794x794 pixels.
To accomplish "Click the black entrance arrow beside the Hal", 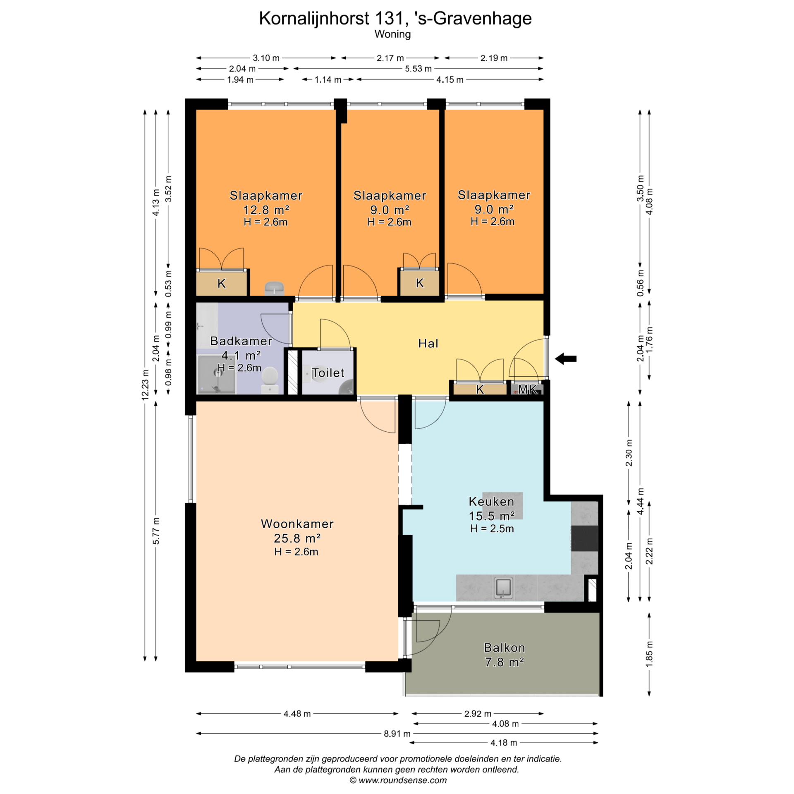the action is click(565, 359).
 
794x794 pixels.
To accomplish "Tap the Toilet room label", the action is click(328, 373).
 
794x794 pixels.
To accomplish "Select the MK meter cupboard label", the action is click(527, 389).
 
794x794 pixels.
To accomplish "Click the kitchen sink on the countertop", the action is click(503, 588).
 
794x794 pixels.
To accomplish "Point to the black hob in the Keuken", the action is click(584, 538).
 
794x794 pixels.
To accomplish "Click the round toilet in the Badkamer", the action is click(270, 379).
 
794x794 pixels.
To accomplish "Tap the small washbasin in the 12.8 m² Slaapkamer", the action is click(274, 287).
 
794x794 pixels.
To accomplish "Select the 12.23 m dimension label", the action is click(145, 385).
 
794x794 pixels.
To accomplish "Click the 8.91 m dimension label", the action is click(397, 734).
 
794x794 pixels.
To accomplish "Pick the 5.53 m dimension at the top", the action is click(418, 69).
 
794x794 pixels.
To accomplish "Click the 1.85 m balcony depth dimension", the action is click(649, 654).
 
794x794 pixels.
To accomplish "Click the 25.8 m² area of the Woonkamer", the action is click(297, 538).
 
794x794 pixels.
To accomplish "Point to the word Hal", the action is click(428, 343).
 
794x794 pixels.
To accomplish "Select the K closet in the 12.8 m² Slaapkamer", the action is click(222, 283).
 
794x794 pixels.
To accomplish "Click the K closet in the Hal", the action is click(480, 389).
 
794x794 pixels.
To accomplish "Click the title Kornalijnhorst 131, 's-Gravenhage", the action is click(395, 18).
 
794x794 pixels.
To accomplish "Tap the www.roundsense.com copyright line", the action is click(398, 780).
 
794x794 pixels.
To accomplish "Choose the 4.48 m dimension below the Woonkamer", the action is click(297, 713).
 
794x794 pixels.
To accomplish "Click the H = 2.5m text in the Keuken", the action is click(492, 529).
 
